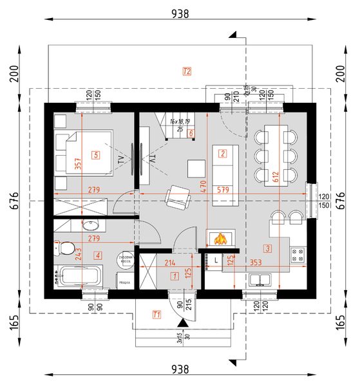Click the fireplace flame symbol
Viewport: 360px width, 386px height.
(221, 239)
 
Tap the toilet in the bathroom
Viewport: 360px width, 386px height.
(64, 248)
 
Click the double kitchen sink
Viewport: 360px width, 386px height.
(262, 280)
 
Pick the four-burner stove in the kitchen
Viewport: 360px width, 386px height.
(299, 255)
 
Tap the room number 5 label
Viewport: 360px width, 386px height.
(95, 154)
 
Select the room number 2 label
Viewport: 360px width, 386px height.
(222, 153)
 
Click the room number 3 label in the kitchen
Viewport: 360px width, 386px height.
(267, 248)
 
